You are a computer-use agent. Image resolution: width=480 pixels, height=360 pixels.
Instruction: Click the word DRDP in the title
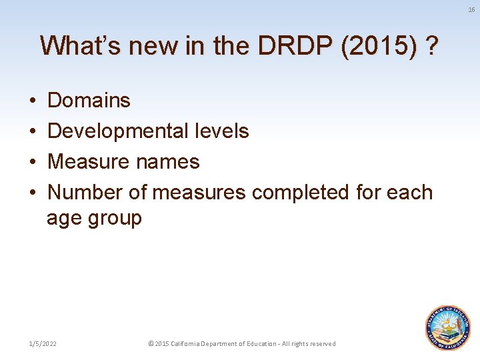pyautogui.click(x=297, y=45)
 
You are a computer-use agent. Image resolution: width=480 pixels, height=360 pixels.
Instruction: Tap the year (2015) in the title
pyautogui.click(x=377, y=45)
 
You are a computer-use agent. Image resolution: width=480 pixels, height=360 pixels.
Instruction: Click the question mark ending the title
pyautogui.click(x=433, y=45)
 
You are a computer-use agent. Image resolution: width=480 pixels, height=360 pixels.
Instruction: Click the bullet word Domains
pyautogui.click(x=89, y=101)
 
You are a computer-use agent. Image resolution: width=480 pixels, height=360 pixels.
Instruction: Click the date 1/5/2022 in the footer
pyautogui.click(x=42, y=344)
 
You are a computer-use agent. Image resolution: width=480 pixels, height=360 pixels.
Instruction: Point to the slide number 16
pyautogui.click(x=471, y=9)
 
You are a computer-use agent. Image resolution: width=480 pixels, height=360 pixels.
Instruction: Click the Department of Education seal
pyautogui.click(x=448, y=327)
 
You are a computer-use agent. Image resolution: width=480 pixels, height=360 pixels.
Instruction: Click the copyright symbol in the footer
pyautogui.click(x=150, y=344)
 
